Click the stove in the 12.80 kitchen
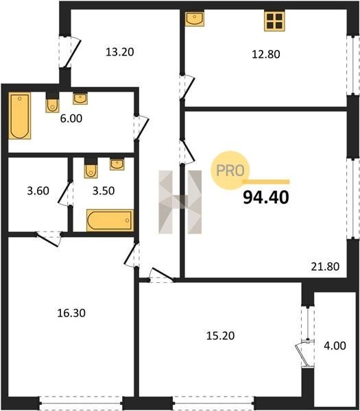coord(274,21)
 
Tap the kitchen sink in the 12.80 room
coord(195,18)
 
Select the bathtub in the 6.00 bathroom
coord(20,116)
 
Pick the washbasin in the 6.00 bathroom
coord(80,99)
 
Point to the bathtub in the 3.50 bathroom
coord(110,220)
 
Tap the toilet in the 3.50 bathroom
coord(91,169)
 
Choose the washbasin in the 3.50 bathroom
coord(117,164)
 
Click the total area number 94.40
coord(266,197)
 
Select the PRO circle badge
coord(230,171)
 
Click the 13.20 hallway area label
coord(120,52)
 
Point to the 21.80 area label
coord(325,266)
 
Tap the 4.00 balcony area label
coord(335,346)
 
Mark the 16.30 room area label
coord(71,313)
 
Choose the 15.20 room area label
coord(220,336)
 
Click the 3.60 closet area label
coord(38,191)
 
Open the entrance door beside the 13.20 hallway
coord(69,51)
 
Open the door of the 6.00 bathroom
coord(141,127)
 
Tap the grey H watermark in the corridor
coord(180,202)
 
